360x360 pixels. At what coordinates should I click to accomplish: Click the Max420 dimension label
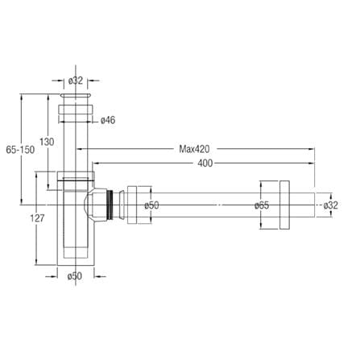194,149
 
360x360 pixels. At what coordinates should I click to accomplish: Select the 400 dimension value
205,163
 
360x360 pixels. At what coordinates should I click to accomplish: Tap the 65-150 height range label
20,150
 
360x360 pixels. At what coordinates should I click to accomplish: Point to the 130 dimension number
47,142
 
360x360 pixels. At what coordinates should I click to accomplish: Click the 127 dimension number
37,218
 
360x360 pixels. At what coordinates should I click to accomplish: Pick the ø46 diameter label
108,120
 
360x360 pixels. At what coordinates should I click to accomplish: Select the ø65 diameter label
262,205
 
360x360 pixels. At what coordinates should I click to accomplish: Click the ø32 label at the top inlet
76,81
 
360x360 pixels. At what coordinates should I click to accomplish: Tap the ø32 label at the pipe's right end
330,205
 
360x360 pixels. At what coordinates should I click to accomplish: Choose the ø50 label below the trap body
75,275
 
